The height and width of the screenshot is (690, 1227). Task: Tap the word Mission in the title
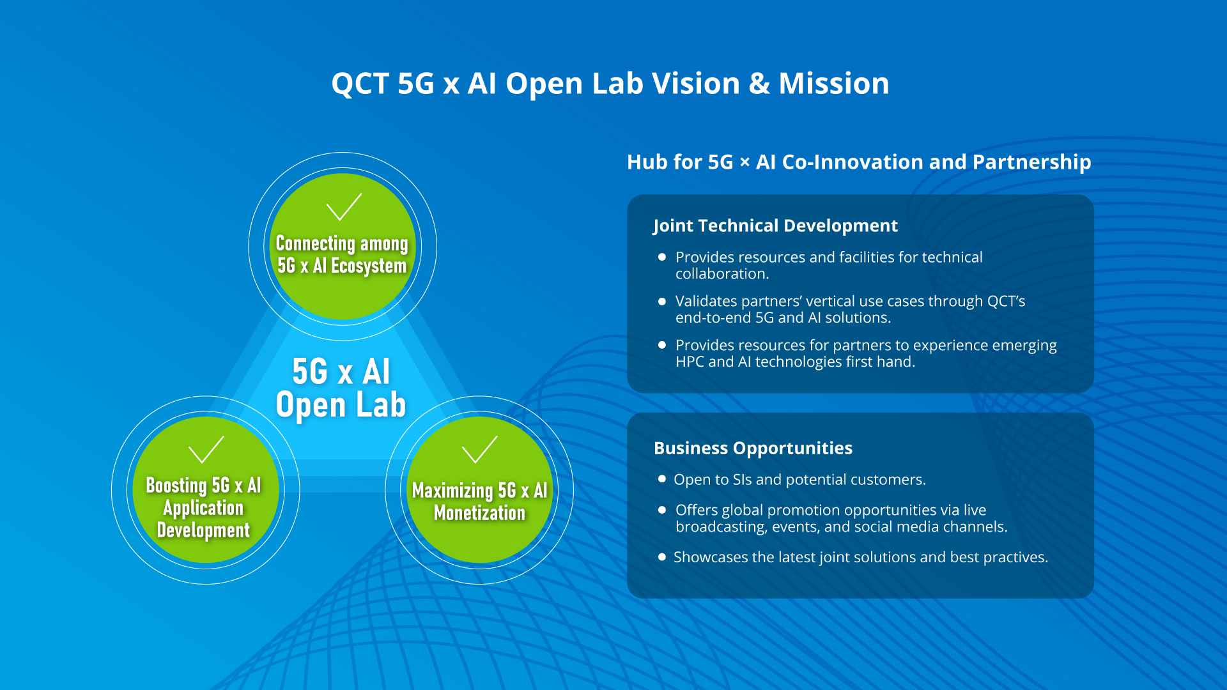coord(833,84)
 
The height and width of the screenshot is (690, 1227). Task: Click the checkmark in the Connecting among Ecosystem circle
coord(344,206)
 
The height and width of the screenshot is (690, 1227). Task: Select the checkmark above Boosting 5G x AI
coord(206,449)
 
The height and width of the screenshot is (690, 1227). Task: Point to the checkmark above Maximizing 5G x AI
coord(479,449)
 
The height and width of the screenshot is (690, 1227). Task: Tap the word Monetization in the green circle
coord(479,513)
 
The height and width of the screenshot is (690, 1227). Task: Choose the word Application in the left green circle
coord(203,508)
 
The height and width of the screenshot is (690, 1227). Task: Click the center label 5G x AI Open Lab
coord(341,388)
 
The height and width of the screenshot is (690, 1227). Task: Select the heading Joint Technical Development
coord(775,226)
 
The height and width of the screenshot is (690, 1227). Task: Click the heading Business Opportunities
coord(753,448)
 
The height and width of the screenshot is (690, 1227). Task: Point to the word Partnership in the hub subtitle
coord(1031,162)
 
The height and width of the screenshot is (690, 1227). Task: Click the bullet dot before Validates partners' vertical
coord(662,301)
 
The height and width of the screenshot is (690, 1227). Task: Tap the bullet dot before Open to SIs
coord(662,479)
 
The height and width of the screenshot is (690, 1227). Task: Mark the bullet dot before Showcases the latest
coord(662,556)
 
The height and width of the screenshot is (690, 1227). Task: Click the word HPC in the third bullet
coord(690,362)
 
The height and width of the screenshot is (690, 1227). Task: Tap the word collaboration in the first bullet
coord(721,274)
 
